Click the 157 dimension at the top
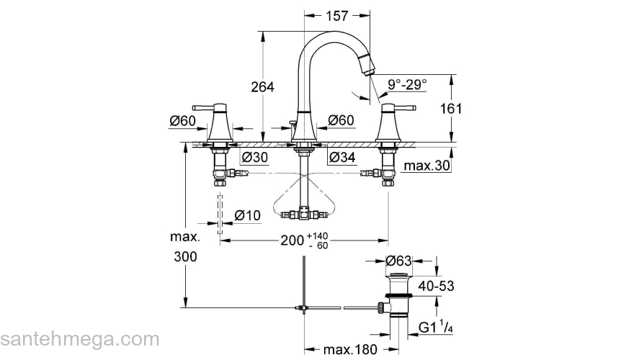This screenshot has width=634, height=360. [337, 16]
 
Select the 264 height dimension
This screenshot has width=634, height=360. [262, 87]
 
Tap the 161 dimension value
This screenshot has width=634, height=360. [451, 108]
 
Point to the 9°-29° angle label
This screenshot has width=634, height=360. [407, 84]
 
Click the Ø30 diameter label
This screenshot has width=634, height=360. [255, 157]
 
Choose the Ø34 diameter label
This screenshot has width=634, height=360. [342, 157]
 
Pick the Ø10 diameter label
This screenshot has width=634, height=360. [247, 215]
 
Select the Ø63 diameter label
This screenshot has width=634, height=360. [398, 261]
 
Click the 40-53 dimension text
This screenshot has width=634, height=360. [437, 286]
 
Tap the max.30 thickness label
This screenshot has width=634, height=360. [427, 166]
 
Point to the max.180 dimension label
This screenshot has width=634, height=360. [350, 349]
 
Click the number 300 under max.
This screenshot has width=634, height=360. [186, 256]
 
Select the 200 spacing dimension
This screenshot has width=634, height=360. [292, 240]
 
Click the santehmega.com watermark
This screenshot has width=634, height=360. [80, 339]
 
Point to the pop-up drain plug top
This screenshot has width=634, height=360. [399, 276]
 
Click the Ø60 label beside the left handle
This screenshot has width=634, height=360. [183, 120]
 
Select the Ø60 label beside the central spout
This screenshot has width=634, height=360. [341, 120]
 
